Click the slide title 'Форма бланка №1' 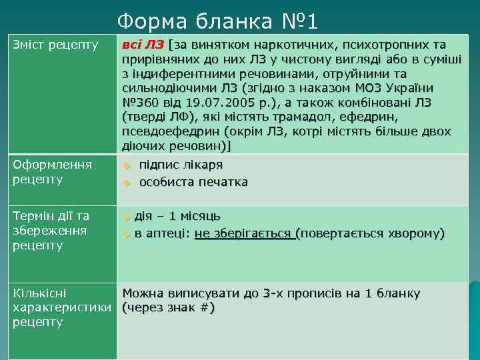(218, 21)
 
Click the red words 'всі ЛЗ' (143, 45)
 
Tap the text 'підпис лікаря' (181, 165)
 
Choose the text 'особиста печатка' (193, 181)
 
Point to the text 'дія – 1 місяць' (177, 216)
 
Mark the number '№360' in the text (140, 103)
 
